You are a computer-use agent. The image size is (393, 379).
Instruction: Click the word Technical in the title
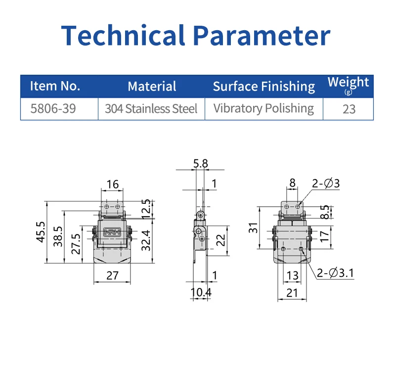(x=123, y=35)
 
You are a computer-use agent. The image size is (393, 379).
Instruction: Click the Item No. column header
(x=55, y=86)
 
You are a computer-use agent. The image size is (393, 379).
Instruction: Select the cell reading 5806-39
(x=53, y=109)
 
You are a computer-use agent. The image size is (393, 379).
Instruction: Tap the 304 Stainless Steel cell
(x=151, y=109)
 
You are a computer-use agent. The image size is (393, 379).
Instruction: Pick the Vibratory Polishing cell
(x=263, y=109)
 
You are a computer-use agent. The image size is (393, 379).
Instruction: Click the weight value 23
(x=349, y=109)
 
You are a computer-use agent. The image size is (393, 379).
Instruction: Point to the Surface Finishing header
(x=264, y=87)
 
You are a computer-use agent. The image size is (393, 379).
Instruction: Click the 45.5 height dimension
(x=41, y=232)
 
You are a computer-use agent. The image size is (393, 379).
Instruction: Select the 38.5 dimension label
(x=58, y=237)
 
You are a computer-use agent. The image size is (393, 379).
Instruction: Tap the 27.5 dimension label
(x=76, y=244)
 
